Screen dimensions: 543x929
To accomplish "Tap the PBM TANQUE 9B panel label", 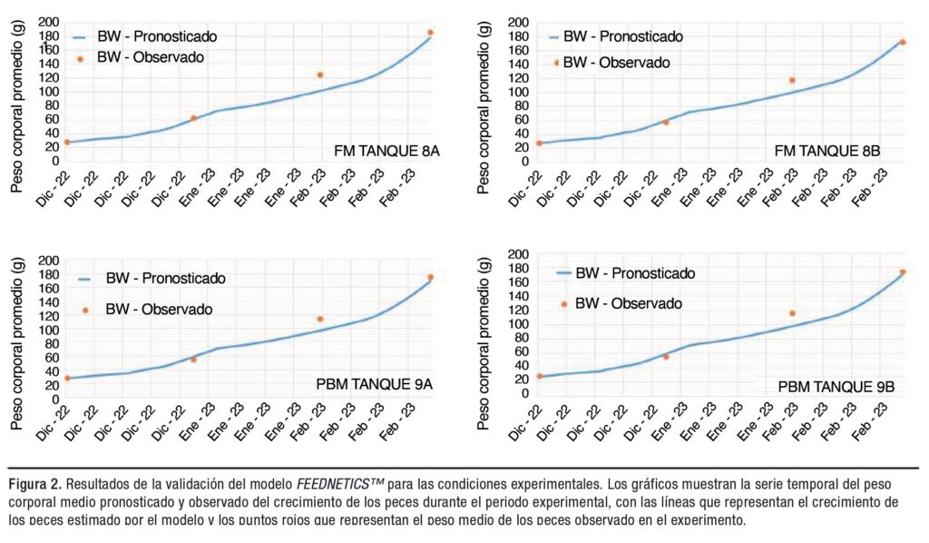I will tap(836, 387).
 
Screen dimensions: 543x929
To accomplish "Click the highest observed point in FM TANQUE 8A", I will tap(431, 33).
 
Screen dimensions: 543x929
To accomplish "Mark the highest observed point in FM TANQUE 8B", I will tap(903, 42).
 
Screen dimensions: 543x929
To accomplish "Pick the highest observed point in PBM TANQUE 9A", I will tap(431, 277).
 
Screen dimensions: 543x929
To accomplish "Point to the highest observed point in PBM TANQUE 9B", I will tap(903, 272).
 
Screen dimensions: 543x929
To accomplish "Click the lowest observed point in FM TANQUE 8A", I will tap(66, 142).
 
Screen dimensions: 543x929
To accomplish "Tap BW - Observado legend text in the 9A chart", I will tap(159, 310).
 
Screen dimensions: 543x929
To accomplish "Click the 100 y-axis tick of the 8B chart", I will tap(517, 92).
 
